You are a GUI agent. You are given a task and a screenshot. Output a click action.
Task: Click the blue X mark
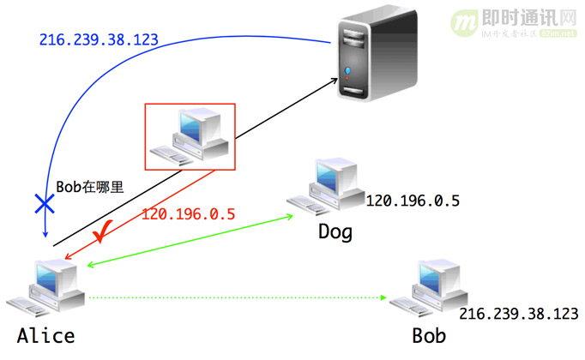coord(42,203)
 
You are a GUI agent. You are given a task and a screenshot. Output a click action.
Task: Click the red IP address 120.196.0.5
coord(188,214)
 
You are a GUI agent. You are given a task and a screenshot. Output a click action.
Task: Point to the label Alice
coord(45,335)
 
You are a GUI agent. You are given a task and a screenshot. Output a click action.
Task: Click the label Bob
coord(429,335)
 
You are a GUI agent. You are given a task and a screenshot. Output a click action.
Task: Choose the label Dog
coord(335,231)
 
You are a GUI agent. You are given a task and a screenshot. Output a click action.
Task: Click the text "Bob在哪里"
coord(90,186)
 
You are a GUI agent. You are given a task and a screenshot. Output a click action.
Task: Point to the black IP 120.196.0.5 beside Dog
coord(413,201)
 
